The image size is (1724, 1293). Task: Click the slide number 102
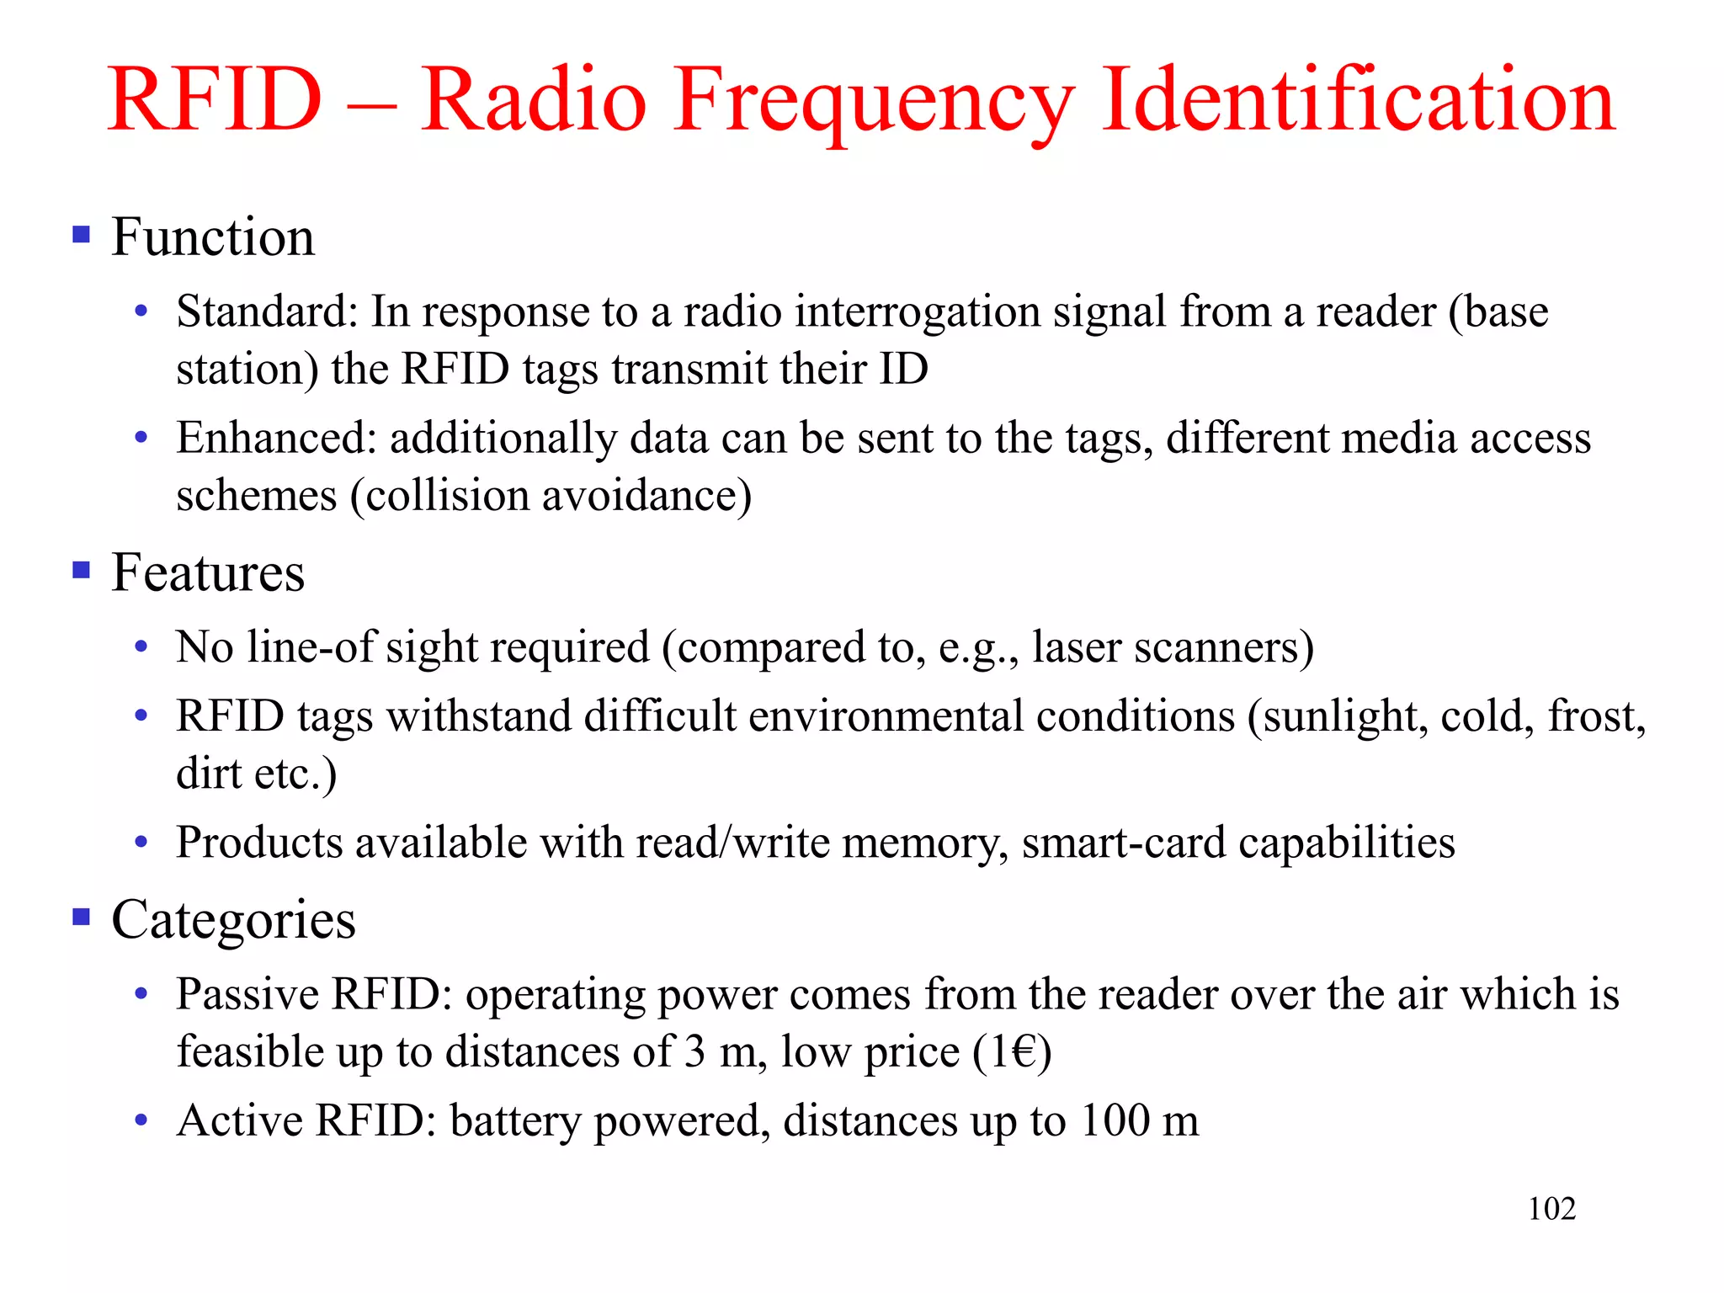[x=1551, y=1209]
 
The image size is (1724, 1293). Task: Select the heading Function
[x=213, y=237]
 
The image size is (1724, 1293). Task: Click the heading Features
[x=208, y=572]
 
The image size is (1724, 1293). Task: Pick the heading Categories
[x=233, y=919]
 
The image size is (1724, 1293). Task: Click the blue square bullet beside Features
[x=82, y=571]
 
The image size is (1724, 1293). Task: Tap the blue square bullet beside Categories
[x=82, y=916]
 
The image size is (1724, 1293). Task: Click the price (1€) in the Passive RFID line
[x=1012, y=1052]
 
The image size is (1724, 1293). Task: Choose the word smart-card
[x=1124, y=843]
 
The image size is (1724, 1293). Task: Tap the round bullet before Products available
[x=141, y=842]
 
